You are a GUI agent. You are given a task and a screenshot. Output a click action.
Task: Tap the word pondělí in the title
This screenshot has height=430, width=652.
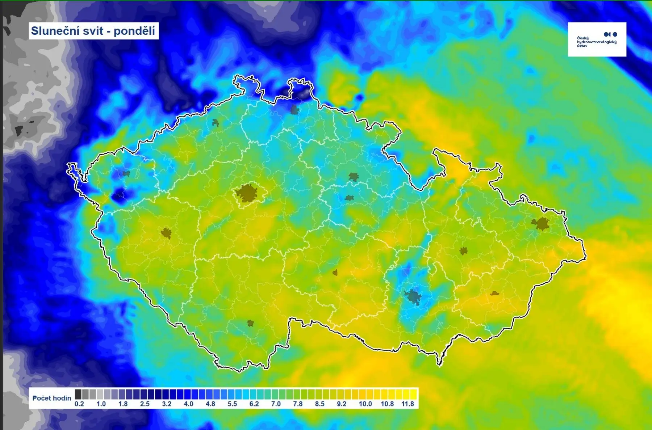(x=134, y=31)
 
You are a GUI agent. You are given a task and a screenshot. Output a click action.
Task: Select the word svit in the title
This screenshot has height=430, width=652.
(x=93, y=31)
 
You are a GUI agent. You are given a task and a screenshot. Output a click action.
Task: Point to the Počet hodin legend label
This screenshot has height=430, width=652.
(x=51, y=398)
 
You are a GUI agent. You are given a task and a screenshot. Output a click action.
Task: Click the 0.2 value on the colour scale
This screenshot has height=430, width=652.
(x=79, y=404)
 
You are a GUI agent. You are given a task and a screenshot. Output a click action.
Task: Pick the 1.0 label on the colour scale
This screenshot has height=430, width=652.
(x=101, y=404)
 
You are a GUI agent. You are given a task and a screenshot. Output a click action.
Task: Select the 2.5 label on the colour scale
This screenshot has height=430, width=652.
(x=145, y=404)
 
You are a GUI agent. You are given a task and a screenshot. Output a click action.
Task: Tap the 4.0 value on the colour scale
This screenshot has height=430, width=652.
(x=188, y=404)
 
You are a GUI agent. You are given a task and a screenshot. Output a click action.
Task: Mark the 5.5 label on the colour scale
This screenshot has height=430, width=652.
(x=232, y=404)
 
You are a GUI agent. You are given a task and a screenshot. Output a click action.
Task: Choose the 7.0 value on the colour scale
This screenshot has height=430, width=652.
(x=276, y=404)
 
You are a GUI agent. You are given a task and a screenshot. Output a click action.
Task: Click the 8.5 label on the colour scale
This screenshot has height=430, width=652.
(x=319, y=404)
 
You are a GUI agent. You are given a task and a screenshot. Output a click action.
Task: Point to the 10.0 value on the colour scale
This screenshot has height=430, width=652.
(x=365, y=404)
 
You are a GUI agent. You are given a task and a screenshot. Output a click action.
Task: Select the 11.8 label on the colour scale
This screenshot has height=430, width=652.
(x=407, y=404)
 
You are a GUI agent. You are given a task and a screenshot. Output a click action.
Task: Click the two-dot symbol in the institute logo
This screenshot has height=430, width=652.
(x=610, y=34)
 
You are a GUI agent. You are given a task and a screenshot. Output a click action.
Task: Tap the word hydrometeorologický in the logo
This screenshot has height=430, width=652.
(x=596, y=42)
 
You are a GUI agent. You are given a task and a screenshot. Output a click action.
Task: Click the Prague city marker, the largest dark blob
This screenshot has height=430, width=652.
(x=247, y=193)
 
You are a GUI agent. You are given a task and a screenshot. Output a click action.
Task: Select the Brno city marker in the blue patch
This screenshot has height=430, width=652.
(x=413, y=296)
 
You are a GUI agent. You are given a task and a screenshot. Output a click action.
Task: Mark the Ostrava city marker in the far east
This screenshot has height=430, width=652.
(x=541, y=224)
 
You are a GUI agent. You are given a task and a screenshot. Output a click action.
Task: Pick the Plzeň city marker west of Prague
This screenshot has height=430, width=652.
(x=166, y=233)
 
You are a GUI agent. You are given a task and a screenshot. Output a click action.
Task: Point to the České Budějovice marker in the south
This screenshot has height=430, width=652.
(x=250, y=323)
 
